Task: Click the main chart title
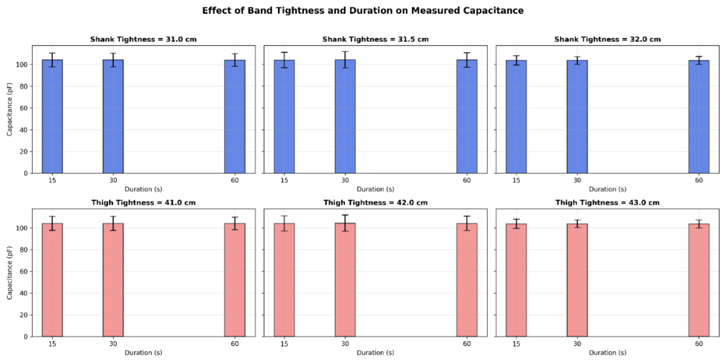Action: [x=363, y=10]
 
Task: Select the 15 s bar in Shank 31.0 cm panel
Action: [x=52, y=116]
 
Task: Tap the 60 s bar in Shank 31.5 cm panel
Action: [x=467, y=116]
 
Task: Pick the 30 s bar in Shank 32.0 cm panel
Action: [x=577, y=117]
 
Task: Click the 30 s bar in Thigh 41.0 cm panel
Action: [x=113, y=280]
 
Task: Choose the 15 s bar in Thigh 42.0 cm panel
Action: [x=284, y=280]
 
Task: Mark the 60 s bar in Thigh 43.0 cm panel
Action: [x=699, y=280]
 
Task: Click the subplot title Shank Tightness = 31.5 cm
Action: [x=375, y=39]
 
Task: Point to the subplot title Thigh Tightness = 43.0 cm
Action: [x=607, y=203]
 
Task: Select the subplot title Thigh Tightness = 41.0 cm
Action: [x=143, y=203]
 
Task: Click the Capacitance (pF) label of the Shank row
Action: [x=9, y=109]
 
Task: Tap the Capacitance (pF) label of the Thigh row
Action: [x=9, y=273]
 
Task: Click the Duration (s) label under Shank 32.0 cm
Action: [x=607, y=189]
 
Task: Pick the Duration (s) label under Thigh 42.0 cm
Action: [x=375, y=353]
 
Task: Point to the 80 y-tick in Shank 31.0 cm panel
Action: [x=24, y=86]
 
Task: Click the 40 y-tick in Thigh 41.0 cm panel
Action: [x=24, y=293]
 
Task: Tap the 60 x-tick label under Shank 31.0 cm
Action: [x=234, y=180]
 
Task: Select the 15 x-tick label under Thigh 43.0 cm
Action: [x=516, y=344]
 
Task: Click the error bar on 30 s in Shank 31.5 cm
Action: [x=345, y=60]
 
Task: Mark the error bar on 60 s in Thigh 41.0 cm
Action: [x=234, y=224]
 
